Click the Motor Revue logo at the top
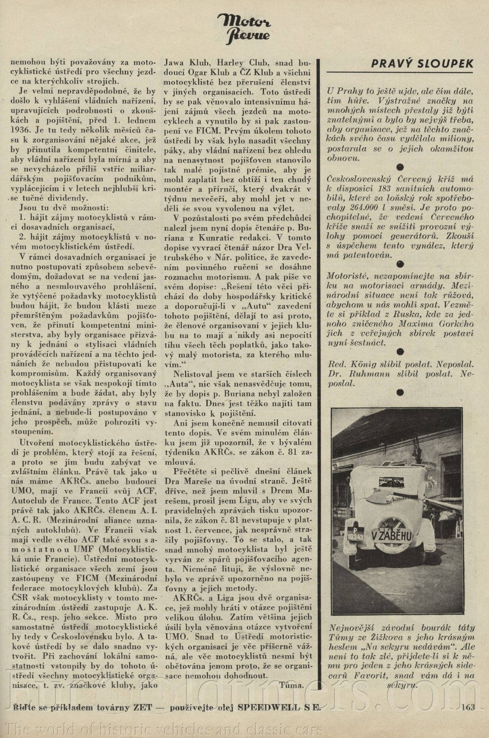click(244, 27)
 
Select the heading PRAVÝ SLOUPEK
click(422, 64)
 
